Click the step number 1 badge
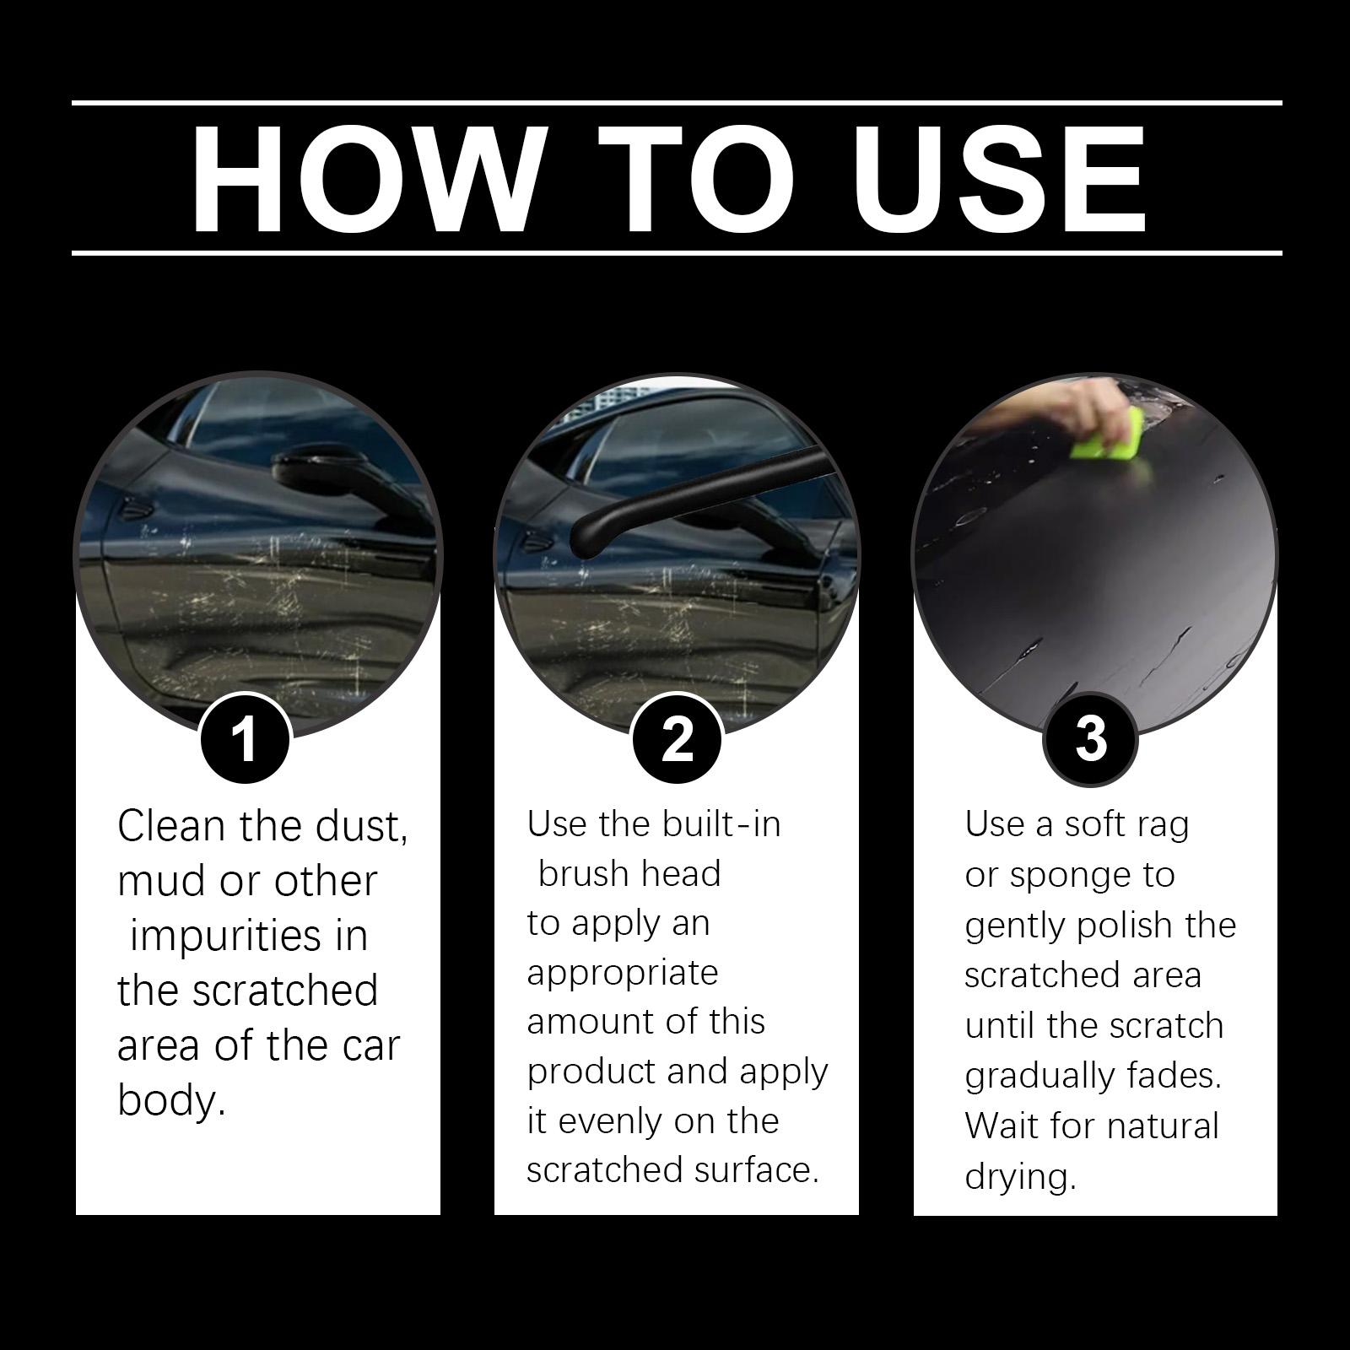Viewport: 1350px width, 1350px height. coord(245,738)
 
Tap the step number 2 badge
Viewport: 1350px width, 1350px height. coord(677,738)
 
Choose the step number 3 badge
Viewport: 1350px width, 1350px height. coord(1090,738)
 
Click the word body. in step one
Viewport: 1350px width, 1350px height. coord(171,1100)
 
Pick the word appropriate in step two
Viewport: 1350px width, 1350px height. coord(623,974)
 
